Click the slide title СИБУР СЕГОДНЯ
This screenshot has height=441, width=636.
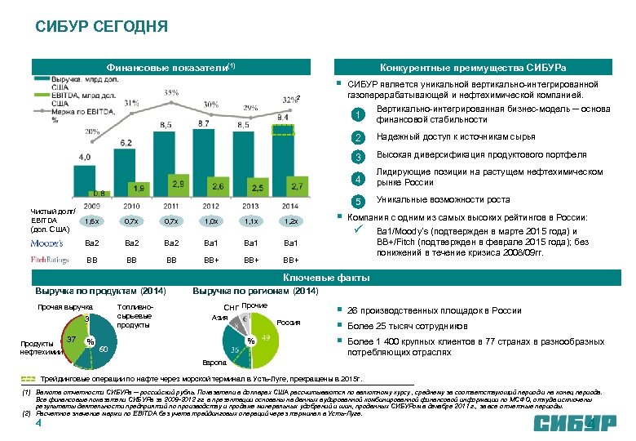point(101,26)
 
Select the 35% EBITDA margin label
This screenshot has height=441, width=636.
point(170,92)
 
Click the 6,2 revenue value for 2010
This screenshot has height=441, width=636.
point(126,142)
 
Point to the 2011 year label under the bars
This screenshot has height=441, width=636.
point(170,206)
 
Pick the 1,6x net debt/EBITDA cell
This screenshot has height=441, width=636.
point(93,221)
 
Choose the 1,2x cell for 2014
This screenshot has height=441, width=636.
point(289,221)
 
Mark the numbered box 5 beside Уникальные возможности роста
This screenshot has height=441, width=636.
point(356,201)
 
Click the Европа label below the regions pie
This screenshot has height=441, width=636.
point(212,362)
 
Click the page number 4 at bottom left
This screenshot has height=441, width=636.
point(38,425)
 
